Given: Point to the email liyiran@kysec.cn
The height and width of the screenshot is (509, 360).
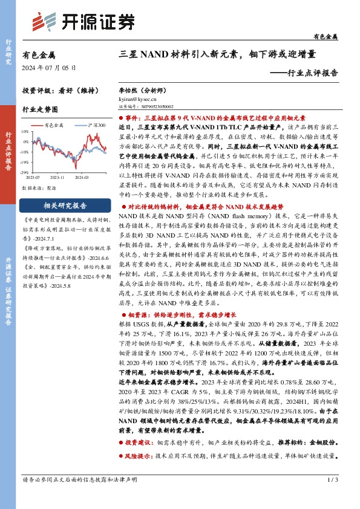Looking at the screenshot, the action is [137, 97].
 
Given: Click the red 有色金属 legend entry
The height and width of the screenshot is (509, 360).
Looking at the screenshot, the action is [52, 125].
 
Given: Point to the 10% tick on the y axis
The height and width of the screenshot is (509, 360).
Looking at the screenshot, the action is [24, 131].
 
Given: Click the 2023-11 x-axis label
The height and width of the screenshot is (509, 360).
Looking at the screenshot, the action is [58, 178].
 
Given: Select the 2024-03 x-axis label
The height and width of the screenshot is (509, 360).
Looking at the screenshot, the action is [81, 178].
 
